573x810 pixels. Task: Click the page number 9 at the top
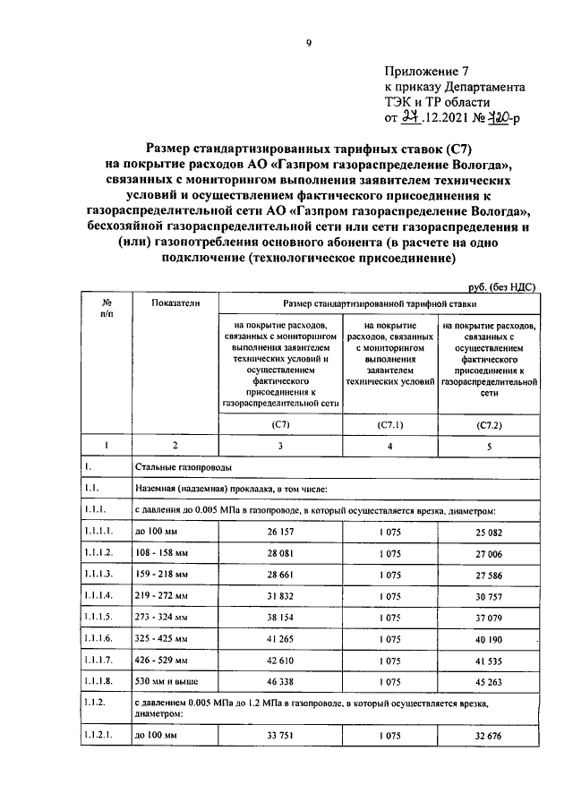[308, 43]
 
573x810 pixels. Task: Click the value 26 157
[281, 532]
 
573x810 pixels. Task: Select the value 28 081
[281, 552]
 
